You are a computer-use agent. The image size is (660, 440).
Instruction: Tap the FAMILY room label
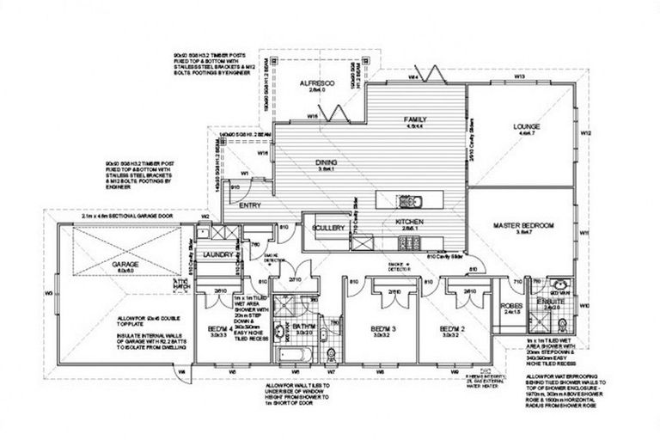(416, 119)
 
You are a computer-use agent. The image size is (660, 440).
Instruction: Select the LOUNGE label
(525, 126)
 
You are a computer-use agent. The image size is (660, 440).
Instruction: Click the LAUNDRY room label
(217, 255)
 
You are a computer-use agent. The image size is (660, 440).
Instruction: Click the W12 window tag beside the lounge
(584, 135)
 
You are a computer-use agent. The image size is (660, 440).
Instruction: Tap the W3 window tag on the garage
(49, 292)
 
